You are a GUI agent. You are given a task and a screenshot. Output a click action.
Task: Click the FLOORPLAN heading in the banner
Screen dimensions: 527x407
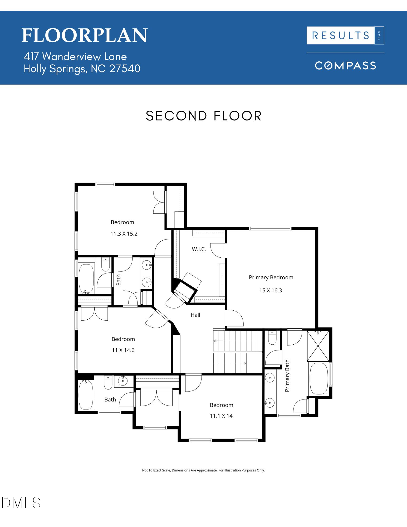tap(84, 36)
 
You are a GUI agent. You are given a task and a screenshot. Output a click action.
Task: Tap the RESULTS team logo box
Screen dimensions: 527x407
tap(345, 35)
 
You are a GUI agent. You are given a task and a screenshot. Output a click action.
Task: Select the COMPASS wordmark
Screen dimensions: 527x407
tap(345, 66)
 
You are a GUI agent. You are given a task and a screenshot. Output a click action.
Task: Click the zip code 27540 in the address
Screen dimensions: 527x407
tap(125, 69)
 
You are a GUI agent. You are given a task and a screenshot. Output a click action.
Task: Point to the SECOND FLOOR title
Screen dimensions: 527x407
tap(203, 116)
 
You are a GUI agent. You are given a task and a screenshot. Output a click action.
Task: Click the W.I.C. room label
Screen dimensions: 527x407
tap(199, 249)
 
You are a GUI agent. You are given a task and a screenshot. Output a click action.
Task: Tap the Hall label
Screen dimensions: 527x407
tap(195, 315)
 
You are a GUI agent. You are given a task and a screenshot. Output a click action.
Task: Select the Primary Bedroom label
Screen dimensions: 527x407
tap(271, 277)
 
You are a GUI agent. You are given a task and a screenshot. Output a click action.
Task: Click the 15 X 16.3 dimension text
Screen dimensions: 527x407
tap(271, 290)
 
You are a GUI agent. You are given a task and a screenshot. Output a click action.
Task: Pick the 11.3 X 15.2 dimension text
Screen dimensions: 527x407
tap(124, 234)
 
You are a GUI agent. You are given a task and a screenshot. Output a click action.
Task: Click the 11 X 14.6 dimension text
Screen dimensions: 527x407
tap(123, 350)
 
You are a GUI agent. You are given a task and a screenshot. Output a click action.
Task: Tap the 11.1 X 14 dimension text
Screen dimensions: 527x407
tap(221, 416)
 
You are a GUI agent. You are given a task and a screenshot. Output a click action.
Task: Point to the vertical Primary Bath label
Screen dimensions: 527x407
tap(287, 375)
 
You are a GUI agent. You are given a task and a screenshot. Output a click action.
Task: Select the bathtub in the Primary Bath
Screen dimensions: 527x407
tap(319, 379)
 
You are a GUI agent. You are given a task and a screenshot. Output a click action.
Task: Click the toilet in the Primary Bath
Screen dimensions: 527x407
tap(272, 338)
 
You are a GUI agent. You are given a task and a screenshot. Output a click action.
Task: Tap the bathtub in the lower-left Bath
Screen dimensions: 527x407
tap(86, 394)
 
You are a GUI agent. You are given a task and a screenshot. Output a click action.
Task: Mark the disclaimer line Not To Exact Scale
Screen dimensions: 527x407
tap(203, 470)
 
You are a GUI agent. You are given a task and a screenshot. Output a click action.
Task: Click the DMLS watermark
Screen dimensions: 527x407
tap(21, 503)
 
